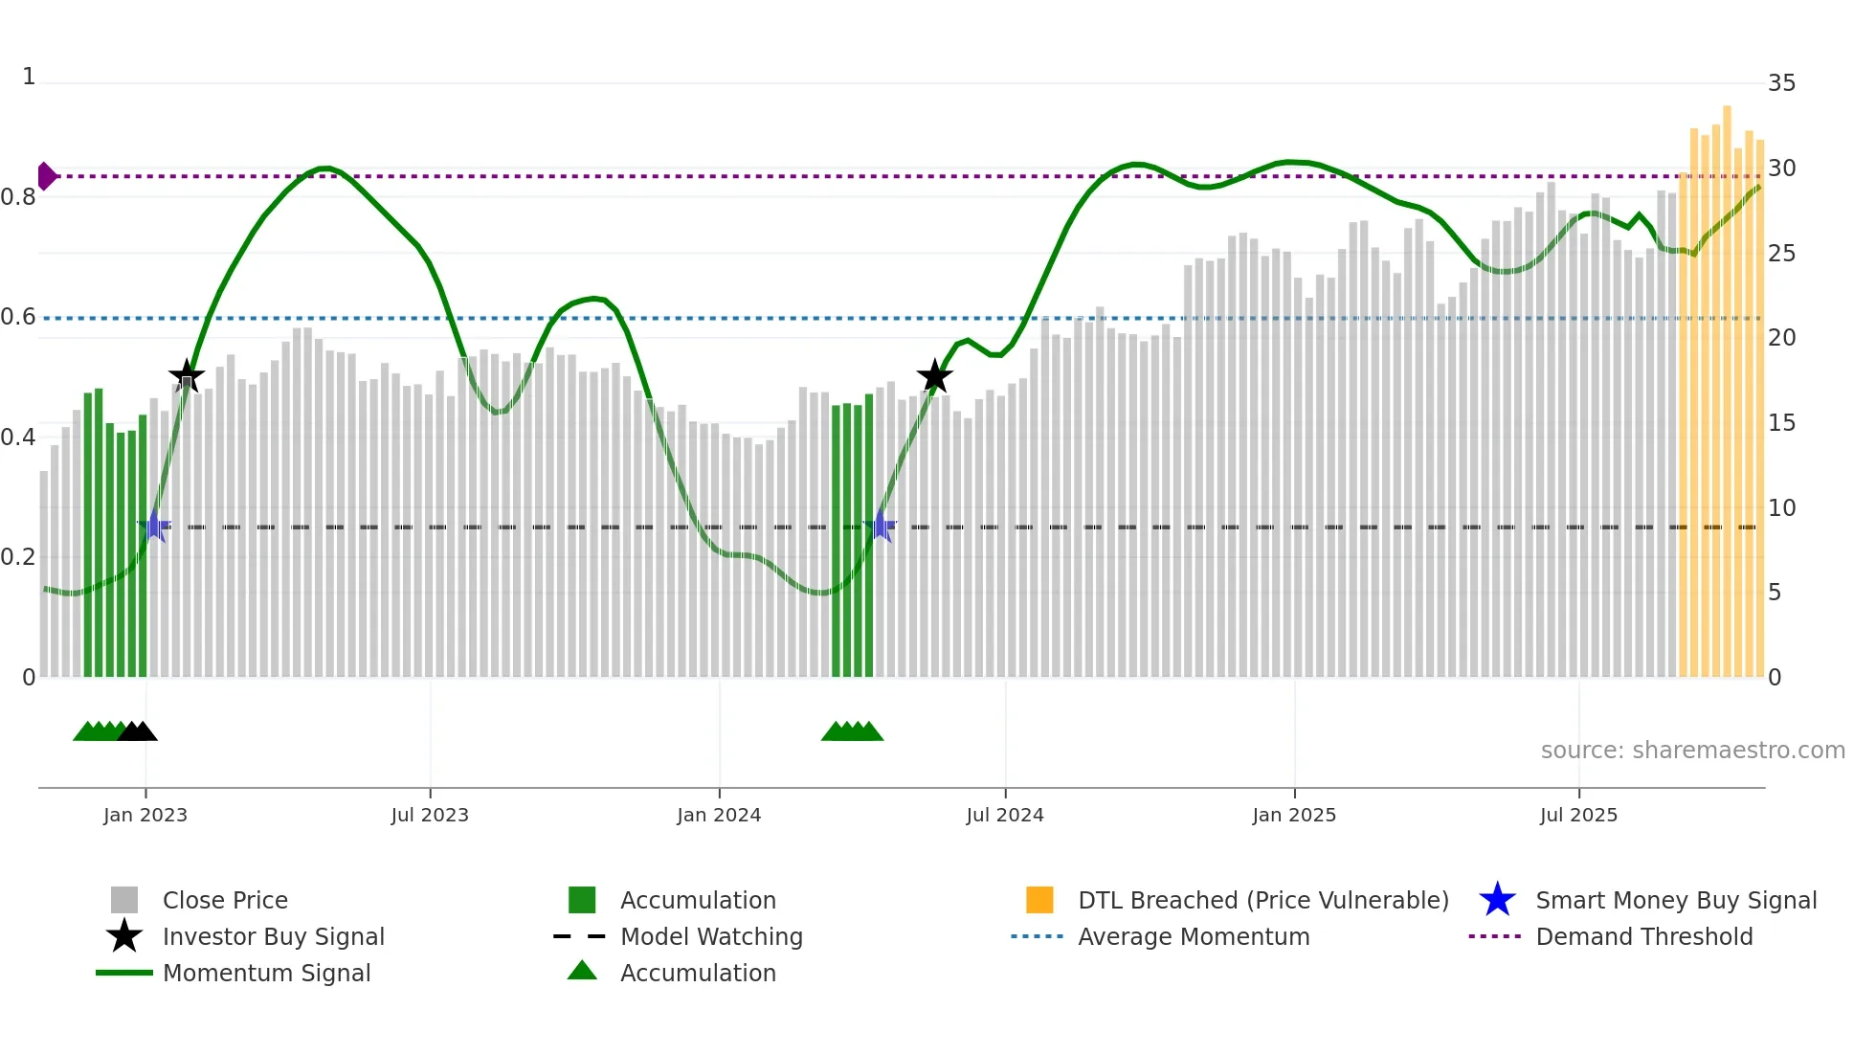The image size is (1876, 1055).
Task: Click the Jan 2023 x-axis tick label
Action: pos(145,816)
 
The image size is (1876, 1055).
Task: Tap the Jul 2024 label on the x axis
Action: pos(1005,816)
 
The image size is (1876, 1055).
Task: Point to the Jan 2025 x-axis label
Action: pos(1294,816)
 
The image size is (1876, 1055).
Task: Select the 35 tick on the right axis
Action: pos(1781,83)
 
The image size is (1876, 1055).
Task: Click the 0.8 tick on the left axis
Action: pos(19,197)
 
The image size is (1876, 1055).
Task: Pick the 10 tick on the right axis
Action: pos(1781,508)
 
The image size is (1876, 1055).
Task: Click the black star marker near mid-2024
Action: pos(934,376)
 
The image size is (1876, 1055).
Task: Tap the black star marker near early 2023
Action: pos(187,376)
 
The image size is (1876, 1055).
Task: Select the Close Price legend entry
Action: pos(225,901)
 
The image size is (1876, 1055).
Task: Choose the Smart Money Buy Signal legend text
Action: pos(1676,901)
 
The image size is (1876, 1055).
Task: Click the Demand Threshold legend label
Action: pos(1644,937)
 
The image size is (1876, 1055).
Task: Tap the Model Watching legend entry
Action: pos(711,937)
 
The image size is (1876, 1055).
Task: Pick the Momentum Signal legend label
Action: pos(266,974)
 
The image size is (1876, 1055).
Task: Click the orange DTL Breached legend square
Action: pos(1039,900)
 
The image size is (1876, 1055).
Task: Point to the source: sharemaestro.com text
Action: pos(1692,751)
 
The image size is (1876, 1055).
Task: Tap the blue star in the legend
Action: pos(1497,900)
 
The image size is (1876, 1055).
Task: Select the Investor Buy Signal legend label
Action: pos(274,937)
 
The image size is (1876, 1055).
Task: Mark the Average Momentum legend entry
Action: pos(1194,937)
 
